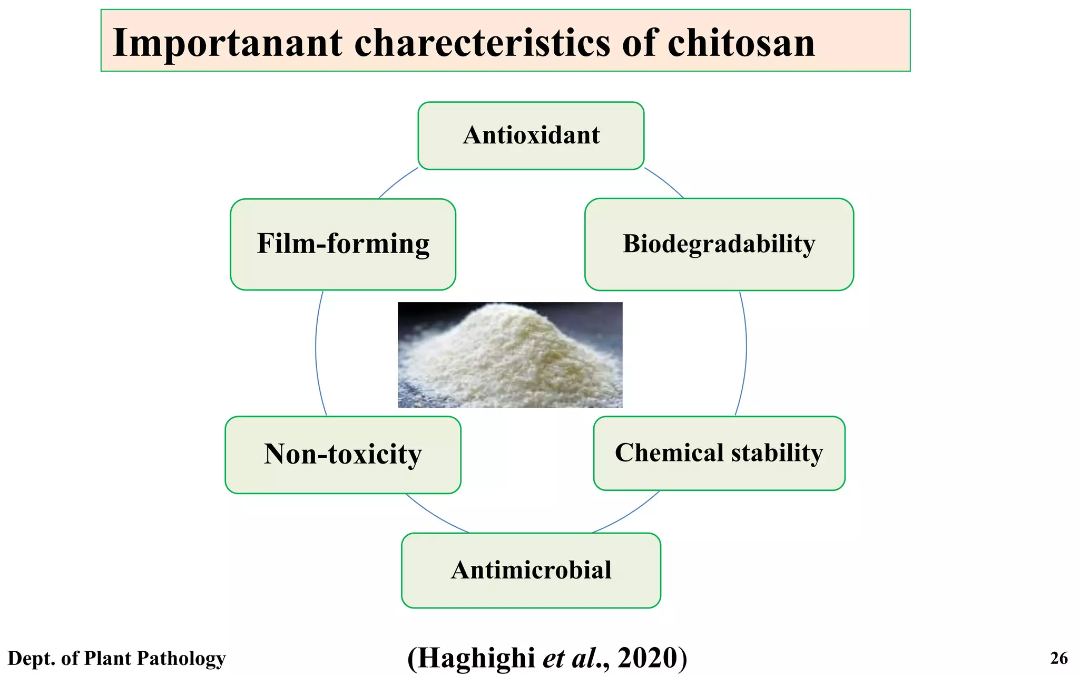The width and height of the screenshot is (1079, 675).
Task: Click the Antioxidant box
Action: pos(531,136)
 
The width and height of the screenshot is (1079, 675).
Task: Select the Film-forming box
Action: pos(343,244)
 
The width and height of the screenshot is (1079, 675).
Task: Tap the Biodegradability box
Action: pos(719,244)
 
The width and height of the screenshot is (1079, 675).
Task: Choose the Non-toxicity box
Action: pos(343,455)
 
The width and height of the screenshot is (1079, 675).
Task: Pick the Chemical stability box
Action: pos(719,453)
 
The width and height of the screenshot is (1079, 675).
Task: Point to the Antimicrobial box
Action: pos(531,570)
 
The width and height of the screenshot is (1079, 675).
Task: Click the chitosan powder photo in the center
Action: pos(510,355)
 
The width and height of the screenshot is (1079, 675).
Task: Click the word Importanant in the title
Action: pos(228,43)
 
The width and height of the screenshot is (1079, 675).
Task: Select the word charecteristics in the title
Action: pos(482,43)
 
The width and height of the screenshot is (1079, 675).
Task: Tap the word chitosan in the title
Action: pos(741,43)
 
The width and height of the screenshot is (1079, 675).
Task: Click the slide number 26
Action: pos(1059,658)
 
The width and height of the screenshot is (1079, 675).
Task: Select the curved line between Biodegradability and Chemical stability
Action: pos(746,348)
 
